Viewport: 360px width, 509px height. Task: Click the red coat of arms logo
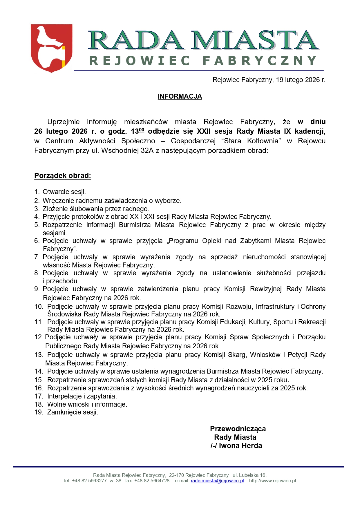tap(51, 48)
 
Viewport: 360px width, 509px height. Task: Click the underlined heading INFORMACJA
tap(180, 97)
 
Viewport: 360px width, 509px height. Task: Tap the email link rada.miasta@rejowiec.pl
tap(217, 481)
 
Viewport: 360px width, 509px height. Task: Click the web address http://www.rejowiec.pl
tap(272, 481)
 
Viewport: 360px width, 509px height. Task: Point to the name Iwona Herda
tap(240, 446)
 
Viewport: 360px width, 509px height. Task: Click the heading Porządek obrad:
tap(63, 176)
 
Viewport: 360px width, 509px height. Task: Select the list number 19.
tap(39, 412)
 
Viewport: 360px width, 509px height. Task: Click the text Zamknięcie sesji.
tap(73, 412)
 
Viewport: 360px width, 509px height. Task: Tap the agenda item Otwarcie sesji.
tap(64, 192)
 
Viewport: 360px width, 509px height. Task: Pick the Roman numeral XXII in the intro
tap(204, 131)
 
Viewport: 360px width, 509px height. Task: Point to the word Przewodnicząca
tap(238, 429)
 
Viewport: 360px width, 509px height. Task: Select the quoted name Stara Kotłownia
tap(252, 141)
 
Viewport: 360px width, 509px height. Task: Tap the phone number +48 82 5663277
tap(89, 481)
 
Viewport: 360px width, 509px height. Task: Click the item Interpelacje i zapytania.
tap(82, 396)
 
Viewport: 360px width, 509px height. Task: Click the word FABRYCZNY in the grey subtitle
tap(260, 61)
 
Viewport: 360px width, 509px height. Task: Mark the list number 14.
tap(39, 371)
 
